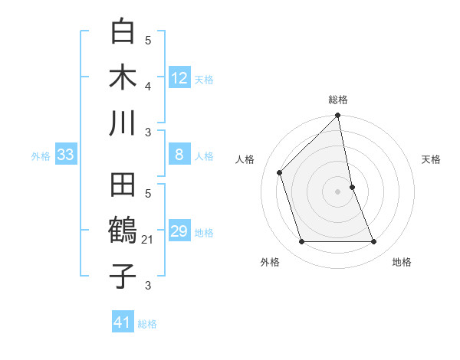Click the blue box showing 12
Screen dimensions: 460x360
point(179,78)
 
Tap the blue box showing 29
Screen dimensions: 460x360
point(179,232)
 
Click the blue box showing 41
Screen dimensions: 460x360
point(123,322)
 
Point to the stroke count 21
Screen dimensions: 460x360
point(148,241)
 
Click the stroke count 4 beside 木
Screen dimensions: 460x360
point(148,86)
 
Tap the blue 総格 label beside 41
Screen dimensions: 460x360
point(147,324)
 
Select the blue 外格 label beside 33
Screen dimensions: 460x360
point(41,156)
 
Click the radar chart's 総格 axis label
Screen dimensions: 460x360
point(338,100)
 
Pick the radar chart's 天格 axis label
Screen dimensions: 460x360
point(432,159)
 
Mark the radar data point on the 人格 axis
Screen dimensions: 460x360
point(280,172)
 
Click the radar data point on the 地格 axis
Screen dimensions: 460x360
point(374,242)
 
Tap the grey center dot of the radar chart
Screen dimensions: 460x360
point(338,191)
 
